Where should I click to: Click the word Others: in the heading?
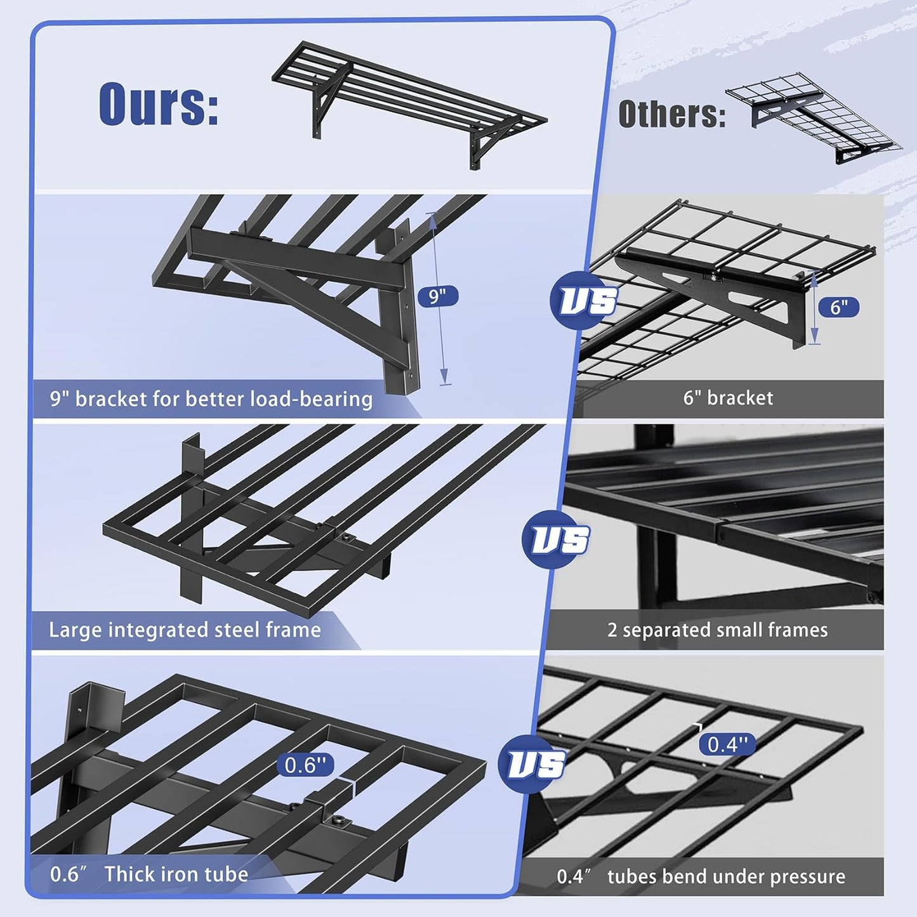point(671,115)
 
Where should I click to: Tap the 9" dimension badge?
point(437,296)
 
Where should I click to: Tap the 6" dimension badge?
point(838,307)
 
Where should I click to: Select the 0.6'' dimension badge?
point(305,765)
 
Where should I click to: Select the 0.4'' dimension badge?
point(727,744)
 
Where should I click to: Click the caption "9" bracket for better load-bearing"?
point(211,399)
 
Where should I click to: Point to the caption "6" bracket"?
point(728,398)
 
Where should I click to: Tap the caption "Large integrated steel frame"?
point(185,630)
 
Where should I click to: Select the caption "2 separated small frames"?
point(717,630)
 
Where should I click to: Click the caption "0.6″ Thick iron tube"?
point(149,874)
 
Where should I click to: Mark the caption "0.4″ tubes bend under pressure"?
point(701,876)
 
